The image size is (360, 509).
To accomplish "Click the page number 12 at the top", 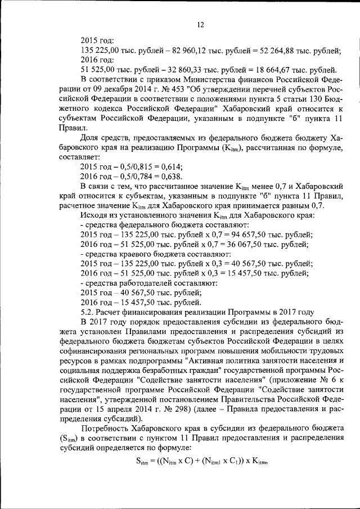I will click(200, 25).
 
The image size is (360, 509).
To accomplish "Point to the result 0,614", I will click(171, 166).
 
